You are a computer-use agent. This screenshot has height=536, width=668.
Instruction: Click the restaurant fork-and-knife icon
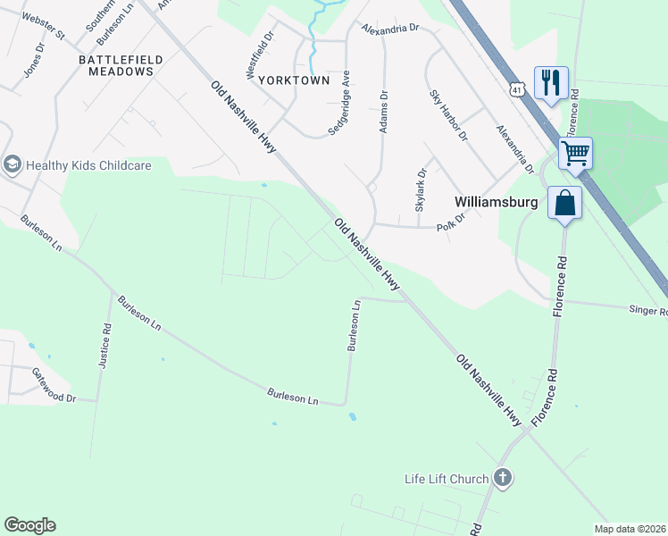click(551, 82)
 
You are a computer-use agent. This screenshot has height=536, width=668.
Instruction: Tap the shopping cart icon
click(575, 153)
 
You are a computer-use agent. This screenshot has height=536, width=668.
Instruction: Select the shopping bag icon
click(565, 202)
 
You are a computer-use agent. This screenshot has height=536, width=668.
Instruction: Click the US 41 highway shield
click(516, 88)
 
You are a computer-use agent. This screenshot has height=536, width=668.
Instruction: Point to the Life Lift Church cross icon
click(503, 478)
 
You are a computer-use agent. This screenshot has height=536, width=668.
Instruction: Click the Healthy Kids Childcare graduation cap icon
click(13, 164)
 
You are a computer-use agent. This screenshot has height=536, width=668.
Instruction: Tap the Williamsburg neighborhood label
click(496, 202)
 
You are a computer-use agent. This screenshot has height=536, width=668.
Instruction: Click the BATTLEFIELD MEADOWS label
click(121, 65)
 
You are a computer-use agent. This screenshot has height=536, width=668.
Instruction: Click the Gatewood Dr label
click(54, 385)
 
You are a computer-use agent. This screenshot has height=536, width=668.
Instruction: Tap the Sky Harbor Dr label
click(448, 115)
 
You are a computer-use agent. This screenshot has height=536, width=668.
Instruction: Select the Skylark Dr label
click(421, 189)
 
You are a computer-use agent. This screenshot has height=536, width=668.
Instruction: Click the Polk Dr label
click(451, 220)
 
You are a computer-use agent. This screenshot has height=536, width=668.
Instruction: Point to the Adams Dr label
click(384, 112)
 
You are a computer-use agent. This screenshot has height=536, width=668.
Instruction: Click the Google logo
click(29, 525)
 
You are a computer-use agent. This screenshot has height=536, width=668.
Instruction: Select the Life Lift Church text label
click(447, 479)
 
